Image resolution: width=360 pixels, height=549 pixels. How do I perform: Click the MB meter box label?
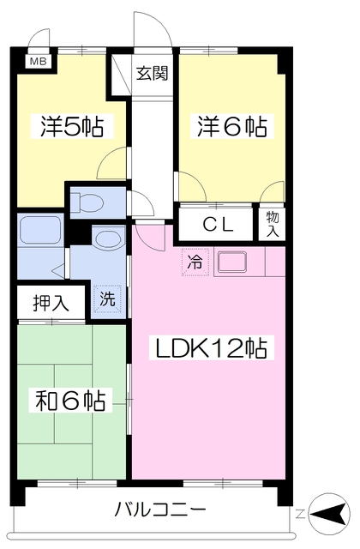click(x=39, y=62)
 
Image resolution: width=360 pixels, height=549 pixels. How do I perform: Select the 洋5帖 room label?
click(x=71, y=127)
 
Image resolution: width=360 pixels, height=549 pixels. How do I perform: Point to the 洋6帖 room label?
click(x=231, y=127)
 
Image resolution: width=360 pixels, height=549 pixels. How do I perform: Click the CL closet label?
click(x=218, y=225)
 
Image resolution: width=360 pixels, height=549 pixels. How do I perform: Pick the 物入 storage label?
click(x=273, y=224)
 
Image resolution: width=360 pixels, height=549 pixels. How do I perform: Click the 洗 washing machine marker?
click(x=106, y=300)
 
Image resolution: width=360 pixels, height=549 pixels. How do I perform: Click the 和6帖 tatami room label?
click(x=71, y=400)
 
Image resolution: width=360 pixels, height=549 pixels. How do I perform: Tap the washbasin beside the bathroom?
click(x=107, y=238)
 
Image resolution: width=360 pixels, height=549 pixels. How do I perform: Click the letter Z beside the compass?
click(x=300, y=515)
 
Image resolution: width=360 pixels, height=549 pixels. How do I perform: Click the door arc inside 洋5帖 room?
click(x=111, y=165)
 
